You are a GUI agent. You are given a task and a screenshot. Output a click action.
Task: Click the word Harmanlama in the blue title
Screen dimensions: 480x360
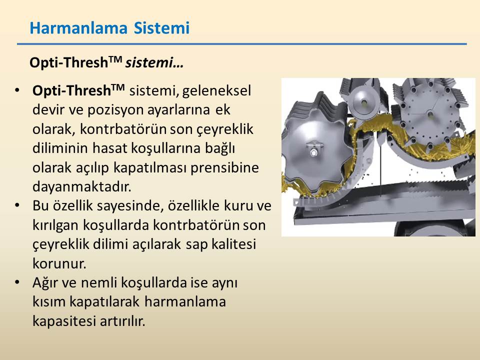[78, 28]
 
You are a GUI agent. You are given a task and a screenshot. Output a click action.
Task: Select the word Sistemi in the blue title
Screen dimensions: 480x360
[161, 28]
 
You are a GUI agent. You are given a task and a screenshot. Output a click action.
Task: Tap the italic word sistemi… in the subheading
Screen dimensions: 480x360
[154, 62]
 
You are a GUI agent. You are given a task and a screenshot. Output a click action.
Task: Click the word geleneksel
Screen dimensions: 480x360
[216, 91]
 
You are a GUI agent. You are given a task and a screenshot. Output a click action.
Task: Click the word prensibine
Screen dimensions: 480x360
[224, 168]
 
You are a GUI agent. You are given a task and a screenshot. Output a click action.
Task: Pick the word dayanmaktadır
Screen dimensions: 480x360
[81, 186]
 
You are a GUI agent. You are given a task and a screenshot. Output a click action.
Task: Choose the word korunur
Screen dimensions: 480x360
[59, 263]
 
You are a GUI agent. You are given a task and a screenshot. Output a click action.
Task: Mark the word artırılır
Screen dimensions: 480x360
[122, 321]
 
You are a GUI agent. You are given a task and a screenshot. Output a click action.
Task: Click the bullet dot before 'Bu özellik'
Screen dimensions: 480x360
[17, 205]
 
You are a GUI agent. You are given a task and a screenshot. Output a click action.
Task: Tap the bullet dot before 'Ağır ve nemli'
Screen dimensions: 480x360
[17, 282]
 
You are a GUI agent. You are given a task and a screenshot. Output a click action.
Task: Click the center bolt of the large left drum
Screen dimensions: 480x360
[313, 152]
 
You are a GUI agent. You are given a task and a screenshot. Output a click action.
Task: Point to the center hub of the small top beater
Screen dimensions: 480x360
[364, 103]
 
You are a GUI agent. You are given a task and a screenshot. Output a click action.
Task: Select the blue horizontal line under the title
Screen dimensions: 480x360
[242, 44]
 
